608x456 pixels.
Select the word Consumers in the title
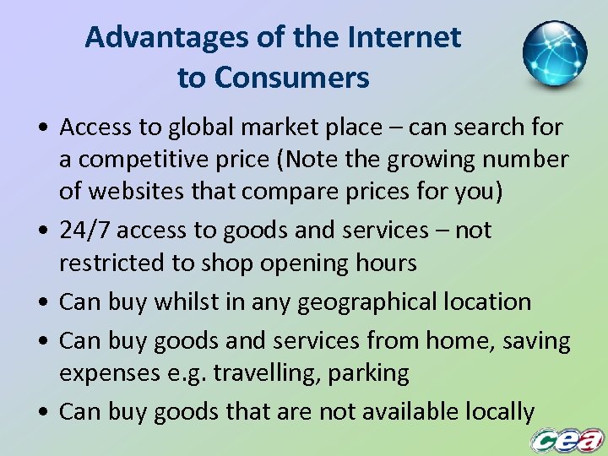point(291,78)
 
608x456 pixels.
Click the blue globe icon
point(554,53)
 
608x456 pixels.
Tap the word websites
point(133,191)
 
